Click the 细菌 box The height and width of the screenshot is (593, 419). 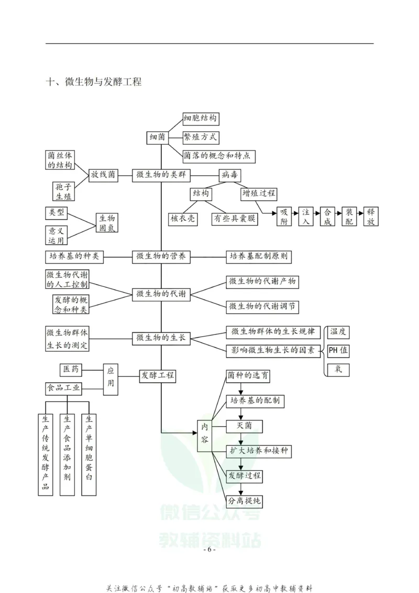coord(158,137)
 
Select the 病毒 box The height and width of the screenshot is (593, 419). coord(230,175)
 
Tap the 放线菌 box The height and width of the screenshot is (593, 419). coord(103,175)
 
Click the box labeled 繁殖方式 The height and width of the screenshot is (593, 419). coord(201,137)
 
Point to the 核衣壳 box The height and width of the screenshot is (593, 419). coord(183,219)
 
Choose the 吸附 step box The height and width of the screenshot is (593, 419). coord(284,217)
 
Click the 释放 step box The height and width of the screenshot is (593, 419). coord(371,217)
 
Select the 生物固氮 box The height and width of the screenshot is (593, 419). coord(107,222)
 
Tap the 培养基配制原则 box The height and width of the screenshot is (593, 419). coord(259,256)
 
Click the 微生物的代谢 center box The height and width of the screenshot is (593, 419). coord(161,294)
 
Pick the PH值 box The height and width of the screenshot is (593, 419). coord(338,351)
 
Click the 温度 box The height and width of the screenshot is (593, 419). coord(338,332)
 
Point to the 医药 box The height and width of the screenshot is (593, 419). coord(71,369)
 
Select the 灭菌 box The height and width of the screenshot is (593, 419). coord(245,426)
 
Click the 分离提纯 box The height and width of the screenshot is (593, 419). coord(245,501)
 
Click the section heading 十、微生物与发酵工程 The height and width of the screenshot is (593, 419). coord(94,82)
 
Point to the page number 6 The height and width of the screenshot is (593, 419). coord(210,549)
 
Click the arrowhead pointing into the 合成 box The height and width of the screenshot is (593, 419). coord(318,213)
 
